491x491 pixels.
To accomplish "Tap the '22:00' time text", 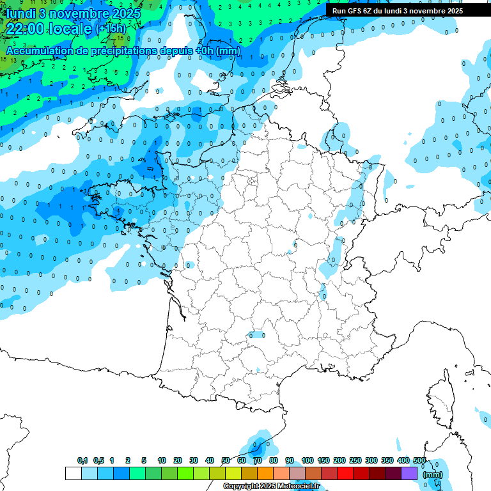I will click(x=25, y=29).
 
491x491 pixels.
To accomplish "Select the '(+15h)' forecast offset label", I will click(x=111, y=29).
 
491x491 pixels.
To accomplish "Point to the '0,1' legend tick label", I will click(x=82, y=460).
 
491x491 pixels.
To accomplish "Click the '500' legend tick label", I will click(x=419, y=460).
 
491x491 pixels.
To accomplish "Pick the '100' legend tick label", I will click(x=308, y=460).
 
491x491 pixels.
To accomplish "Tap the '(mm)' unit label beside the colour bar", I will click(x=433, y=474).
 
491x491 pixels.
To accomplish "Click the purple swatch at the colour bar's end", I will click(x=409, y=473).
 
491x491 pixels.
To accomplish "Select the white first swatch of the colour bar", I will click(x=74, y=473).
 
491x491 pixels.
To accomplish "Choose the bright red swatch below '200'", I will click(x=345, y=473).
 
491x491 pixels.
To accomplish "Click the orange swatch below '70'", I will click(x=265, y=473).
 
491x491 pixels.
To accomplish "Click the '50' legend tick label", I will click(x=226, y=460).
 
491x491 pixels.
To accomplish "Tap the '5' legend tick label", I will click(x=144, y=460).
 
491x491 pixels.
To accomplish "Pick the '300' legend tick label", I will click(x=371, y=460).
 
